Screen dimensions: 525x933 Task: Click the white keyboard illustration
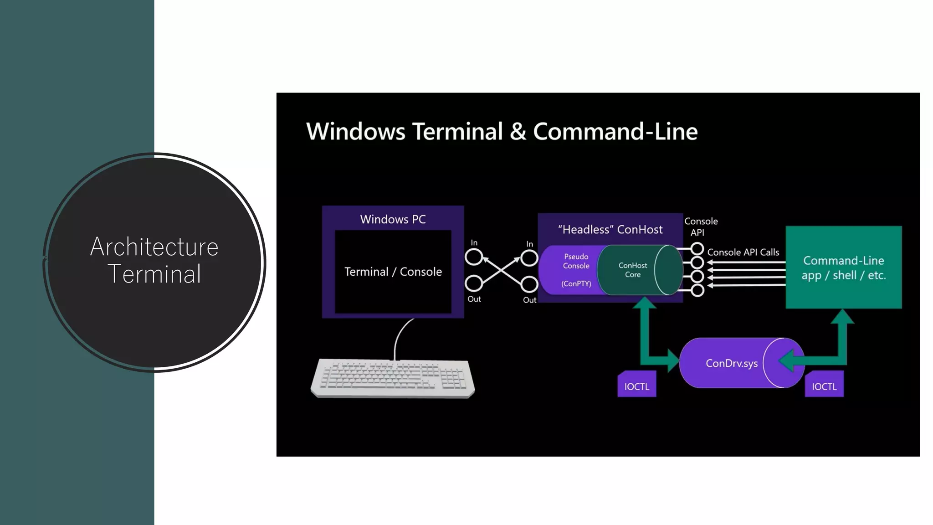[x=393, y=378]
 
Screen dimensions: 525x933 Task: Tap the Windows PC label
[x=393, y=219]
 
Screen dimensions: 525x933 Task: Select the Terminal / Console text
[x=393, y=272]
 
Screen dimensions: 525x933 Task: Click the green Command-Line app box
[x=843, y=268]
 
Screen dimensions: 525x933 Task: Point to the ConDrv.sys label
[x=731, y=363]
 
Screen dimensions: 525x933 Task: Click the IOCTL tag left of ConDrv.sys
[x=636, y=386]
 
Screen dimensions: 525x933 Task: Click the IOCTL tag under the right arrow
[x=824, y=386]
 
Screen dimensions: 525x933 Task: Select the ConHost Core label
[x=632, y=270]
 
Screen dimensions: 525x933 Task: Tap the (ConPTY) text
[x=576, y=283]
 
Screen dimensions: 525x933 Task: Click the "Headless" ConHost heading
[x=610, y=229]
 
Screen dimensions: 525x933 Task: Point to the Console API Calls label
[x=743, y=252]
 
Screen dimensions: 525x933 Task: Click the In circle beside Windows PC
[x=473, y=257]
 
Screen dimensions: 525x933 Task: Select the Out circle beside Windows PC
[x=473, y=283]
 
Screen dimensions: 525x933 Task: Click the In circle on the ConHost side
[x=529, y=258]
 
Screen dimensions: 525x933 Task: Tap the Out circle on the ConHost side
[x=529, y=284]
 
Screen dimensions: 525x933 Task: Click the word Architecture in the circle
[x=154, y=247]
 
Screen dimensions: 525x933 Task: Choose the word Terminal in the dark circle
[x=154, y=274]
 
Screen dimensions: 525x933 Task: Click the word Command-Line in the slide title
[x=615, y=131]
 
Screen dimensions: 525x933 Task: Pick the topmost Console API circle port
[x=697, y=249]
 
